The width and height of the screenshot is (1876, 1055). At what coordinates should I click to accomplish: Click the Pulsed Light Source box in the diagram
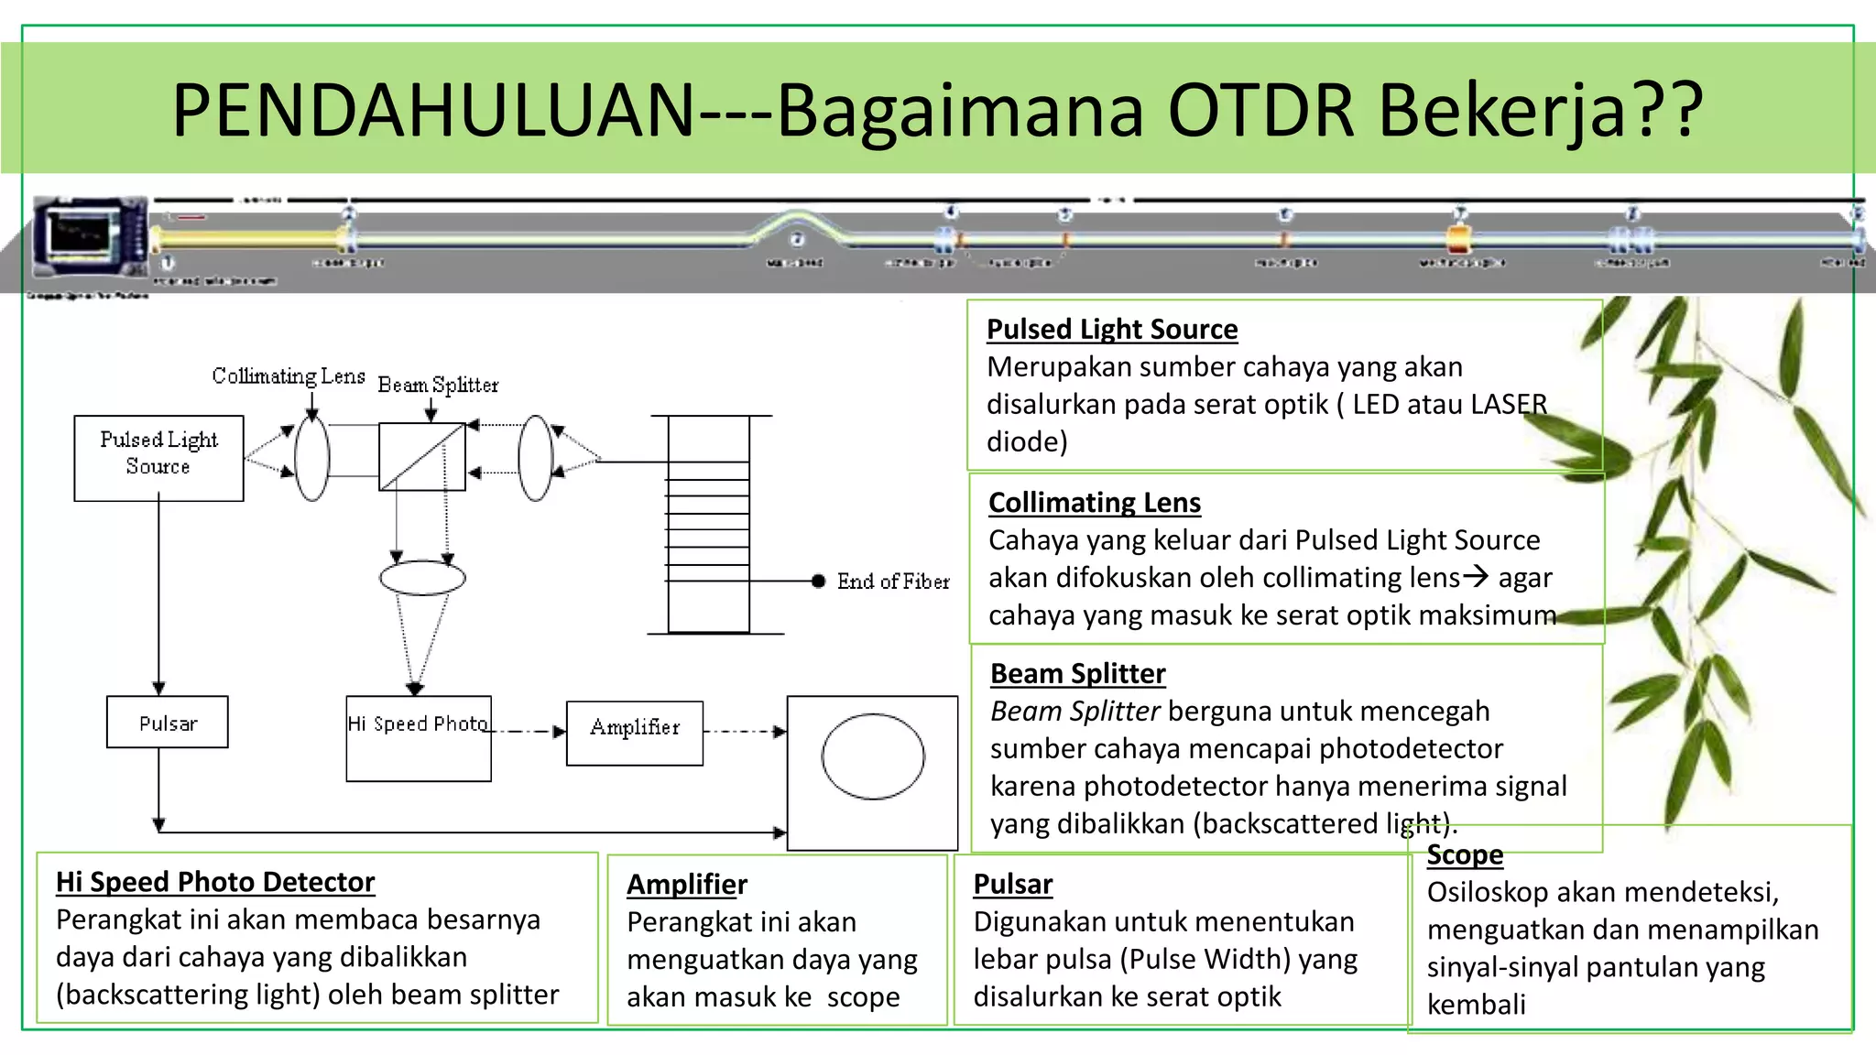pos(158,457)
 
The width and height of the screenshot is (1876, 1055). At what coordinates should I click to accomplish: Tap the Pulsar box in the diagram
pos(167,723)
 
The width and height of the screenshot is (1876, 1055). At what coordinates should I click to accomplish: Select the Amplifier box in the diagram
pos(635,732)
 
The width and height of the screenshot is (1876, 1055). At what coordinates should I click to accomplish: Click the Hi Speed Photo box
pos(419,738)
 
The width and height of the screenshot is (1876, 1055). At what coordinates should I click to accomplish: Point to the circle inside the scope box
pos(873,756)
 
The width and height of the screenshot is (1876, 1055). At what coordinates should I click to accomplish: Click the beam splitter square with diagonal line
pos(422,456)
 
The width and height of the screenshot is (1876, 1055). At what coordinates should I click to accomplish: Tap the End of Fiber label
pos(893,582)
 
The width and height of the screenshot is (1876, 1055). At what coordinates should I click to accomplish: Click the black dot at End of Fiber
pos(818,581)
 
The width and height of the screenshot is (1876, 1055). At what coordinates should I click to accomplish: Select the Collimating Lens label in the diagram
pos(289,375)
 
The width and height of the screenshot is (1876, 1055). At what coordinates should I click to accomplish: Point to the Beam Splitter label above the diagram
pos(438,385)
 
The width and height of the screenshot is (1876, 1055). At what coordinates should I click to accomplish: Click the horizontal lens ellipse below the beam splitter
pos(422,578)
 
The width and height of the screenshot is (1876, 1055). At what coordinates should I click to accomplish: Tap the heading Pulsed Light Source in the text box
pos(1111,329)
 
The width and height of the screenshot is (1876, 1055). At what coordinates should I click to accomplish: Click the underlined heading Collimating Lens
pos(1094,502)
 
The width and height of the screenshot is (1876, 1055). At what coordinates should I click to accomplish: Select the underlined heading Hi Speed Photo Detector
pos(215,881)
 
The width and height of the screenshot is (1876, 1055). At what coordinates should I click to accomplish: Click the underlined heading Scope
pos(1465,854)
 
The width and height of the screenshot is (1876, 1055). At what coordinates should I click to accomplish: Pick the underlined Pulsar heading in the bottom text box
pos(1012,884)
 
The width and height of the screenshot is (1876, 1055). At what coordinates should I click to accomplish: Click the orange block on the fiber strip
pos(1457,240)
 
